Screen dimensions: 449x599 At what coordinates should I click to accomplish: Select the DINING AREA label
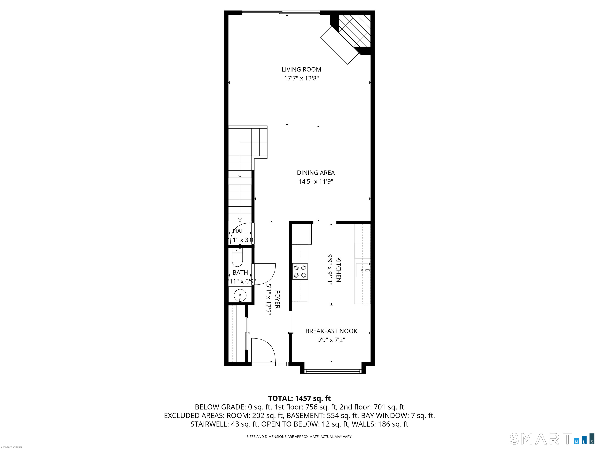tap(316, 173)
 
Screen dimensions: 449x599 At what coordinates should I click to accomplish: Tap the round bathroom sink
tap(240, 295)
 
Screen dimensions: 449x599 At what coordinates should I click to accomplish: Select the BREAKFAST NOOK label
tap(331, 331)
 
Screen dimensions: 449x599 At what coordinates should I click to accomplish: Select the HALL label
tap(240, 231)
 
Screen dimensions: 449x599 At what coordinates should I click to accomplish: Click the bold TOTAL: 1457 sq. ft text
tap(299, 398)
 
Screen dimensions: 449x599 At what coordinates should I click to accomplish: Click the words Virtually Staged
tap(11, 447)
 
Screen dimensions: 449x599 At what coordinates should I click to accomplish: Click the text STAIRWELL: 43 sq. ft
tap(224, 424)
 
